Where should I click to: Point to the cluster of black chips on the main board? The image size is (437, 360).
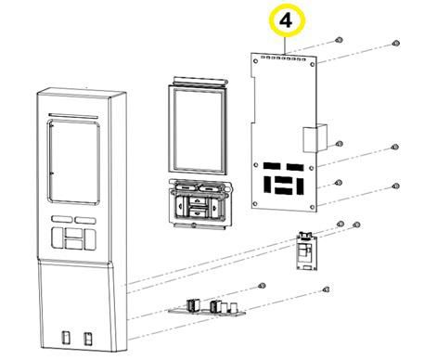pos(284,179)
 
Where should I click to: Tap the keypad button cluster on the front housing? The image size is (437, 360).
pos(74,233)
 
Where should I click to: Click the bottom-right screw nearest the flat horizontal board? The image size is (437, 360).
pos(325,291)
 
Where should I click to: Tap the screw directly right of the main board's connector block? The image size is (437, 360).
pos(340,144)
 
